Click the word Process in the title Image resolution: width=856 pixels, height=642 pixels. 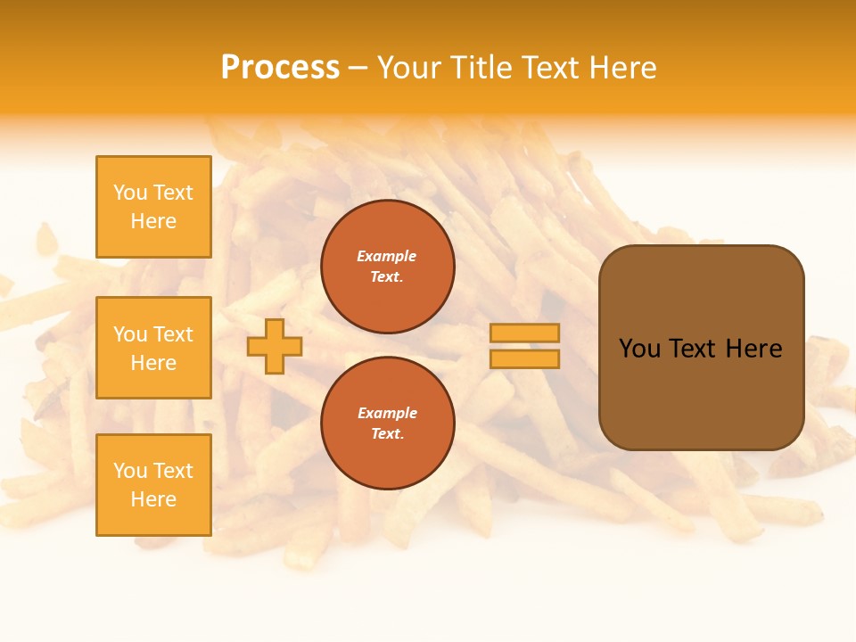[x=280, y=68]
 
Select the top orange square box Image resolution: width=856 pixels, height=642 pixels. [x=153, y=207]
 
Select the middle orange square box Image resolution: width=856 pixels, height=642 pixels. [x=153, y=348]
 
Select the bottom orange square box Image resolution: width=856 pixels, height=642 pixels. [x=153, y=485]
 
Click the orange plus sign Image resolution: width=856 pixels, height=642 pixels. [x=275, y=347]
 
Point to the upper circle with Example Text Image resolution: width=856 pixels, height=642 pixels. [x=388, y=267]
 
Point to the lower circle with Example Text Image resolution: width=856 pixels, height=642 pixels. [x=388, y=424]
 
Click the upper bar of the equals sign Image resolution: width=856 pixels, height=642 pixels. [x=524, y=333]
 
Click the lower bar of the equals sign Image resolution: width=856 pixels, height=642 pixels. [x=524, y=359]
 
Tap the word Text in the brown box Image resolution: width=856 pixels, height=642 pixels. [x=693, y=349]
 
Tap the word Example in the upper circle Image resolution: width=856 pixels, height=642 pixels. [x=387, y=256]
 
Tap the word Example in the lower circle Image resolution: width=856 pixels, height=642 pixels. [x=387, y=413]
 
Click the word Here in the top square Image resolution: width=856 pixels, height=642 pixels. [x=153, y=221]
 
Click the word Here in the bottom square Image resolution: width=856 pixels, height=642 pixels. [x=153, y=499]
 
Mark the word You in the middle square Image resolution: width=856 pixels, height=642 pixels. [x=130, y=334]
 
